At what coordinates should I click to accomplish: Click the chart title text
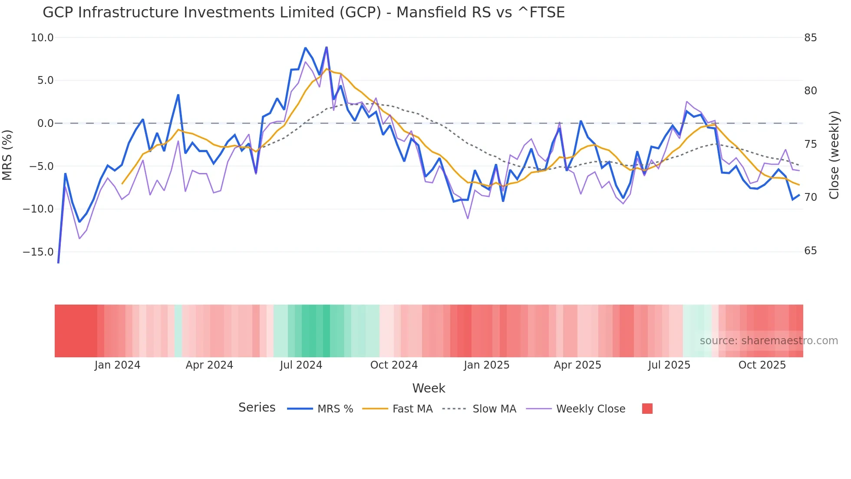tap(303, 13)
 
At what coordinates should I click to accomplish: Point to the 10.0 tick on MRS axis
tap(42, 38)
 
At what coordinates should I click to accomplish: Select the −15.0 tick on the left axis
tap(38, 252)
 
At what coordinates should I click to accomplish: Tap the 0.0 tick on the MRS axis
tap(46, 123)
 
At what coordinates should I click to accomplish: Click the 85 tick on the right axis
tap(810, 38)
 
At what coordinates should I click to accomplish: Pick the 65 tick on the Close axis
tap(810, 251)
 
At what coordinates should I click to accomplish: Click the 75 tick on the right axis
tap(810, 144)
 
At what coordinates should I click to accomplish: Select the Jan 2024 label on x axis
tap(117, 365)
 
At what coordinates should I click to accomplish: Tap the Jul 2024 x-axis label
tap(301, 365)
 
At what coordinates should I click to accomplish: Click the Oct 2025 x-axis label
tap(762, 365)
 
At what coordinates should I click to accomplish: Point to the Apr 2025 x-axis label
tap(577, 365)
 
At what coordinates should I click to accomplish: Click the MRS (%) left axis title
tap(7, 155)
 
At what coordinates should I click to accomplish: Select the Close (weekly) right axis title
tap(834, 155)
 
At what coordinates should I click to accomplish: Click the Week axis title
tap(429, 388)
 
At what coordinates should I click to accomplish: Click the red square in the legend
tap(647, 409)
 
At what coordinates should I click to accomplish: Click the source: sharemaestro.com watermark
tap(769, 341)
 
